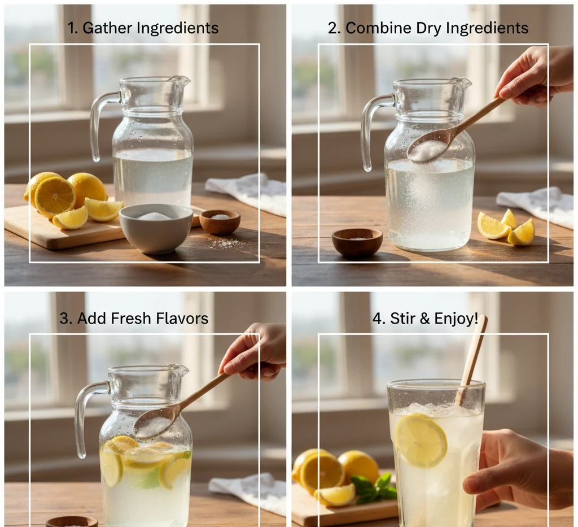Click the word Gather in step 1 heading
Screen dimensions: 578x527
[107, 28]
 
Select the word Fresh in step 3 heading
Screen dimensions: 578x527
[131, 318]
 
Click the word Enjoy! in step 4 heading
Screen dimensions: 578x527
[456, 318]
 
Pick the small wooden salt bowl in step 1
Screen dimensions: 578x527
[220, 221]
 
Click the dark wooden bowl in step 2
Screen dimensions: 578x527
[357, 242]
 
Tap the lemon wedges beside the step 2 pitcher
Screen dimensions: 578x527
[506, 228]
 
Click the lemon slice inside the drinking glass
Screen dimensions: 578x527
[421, 441]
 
